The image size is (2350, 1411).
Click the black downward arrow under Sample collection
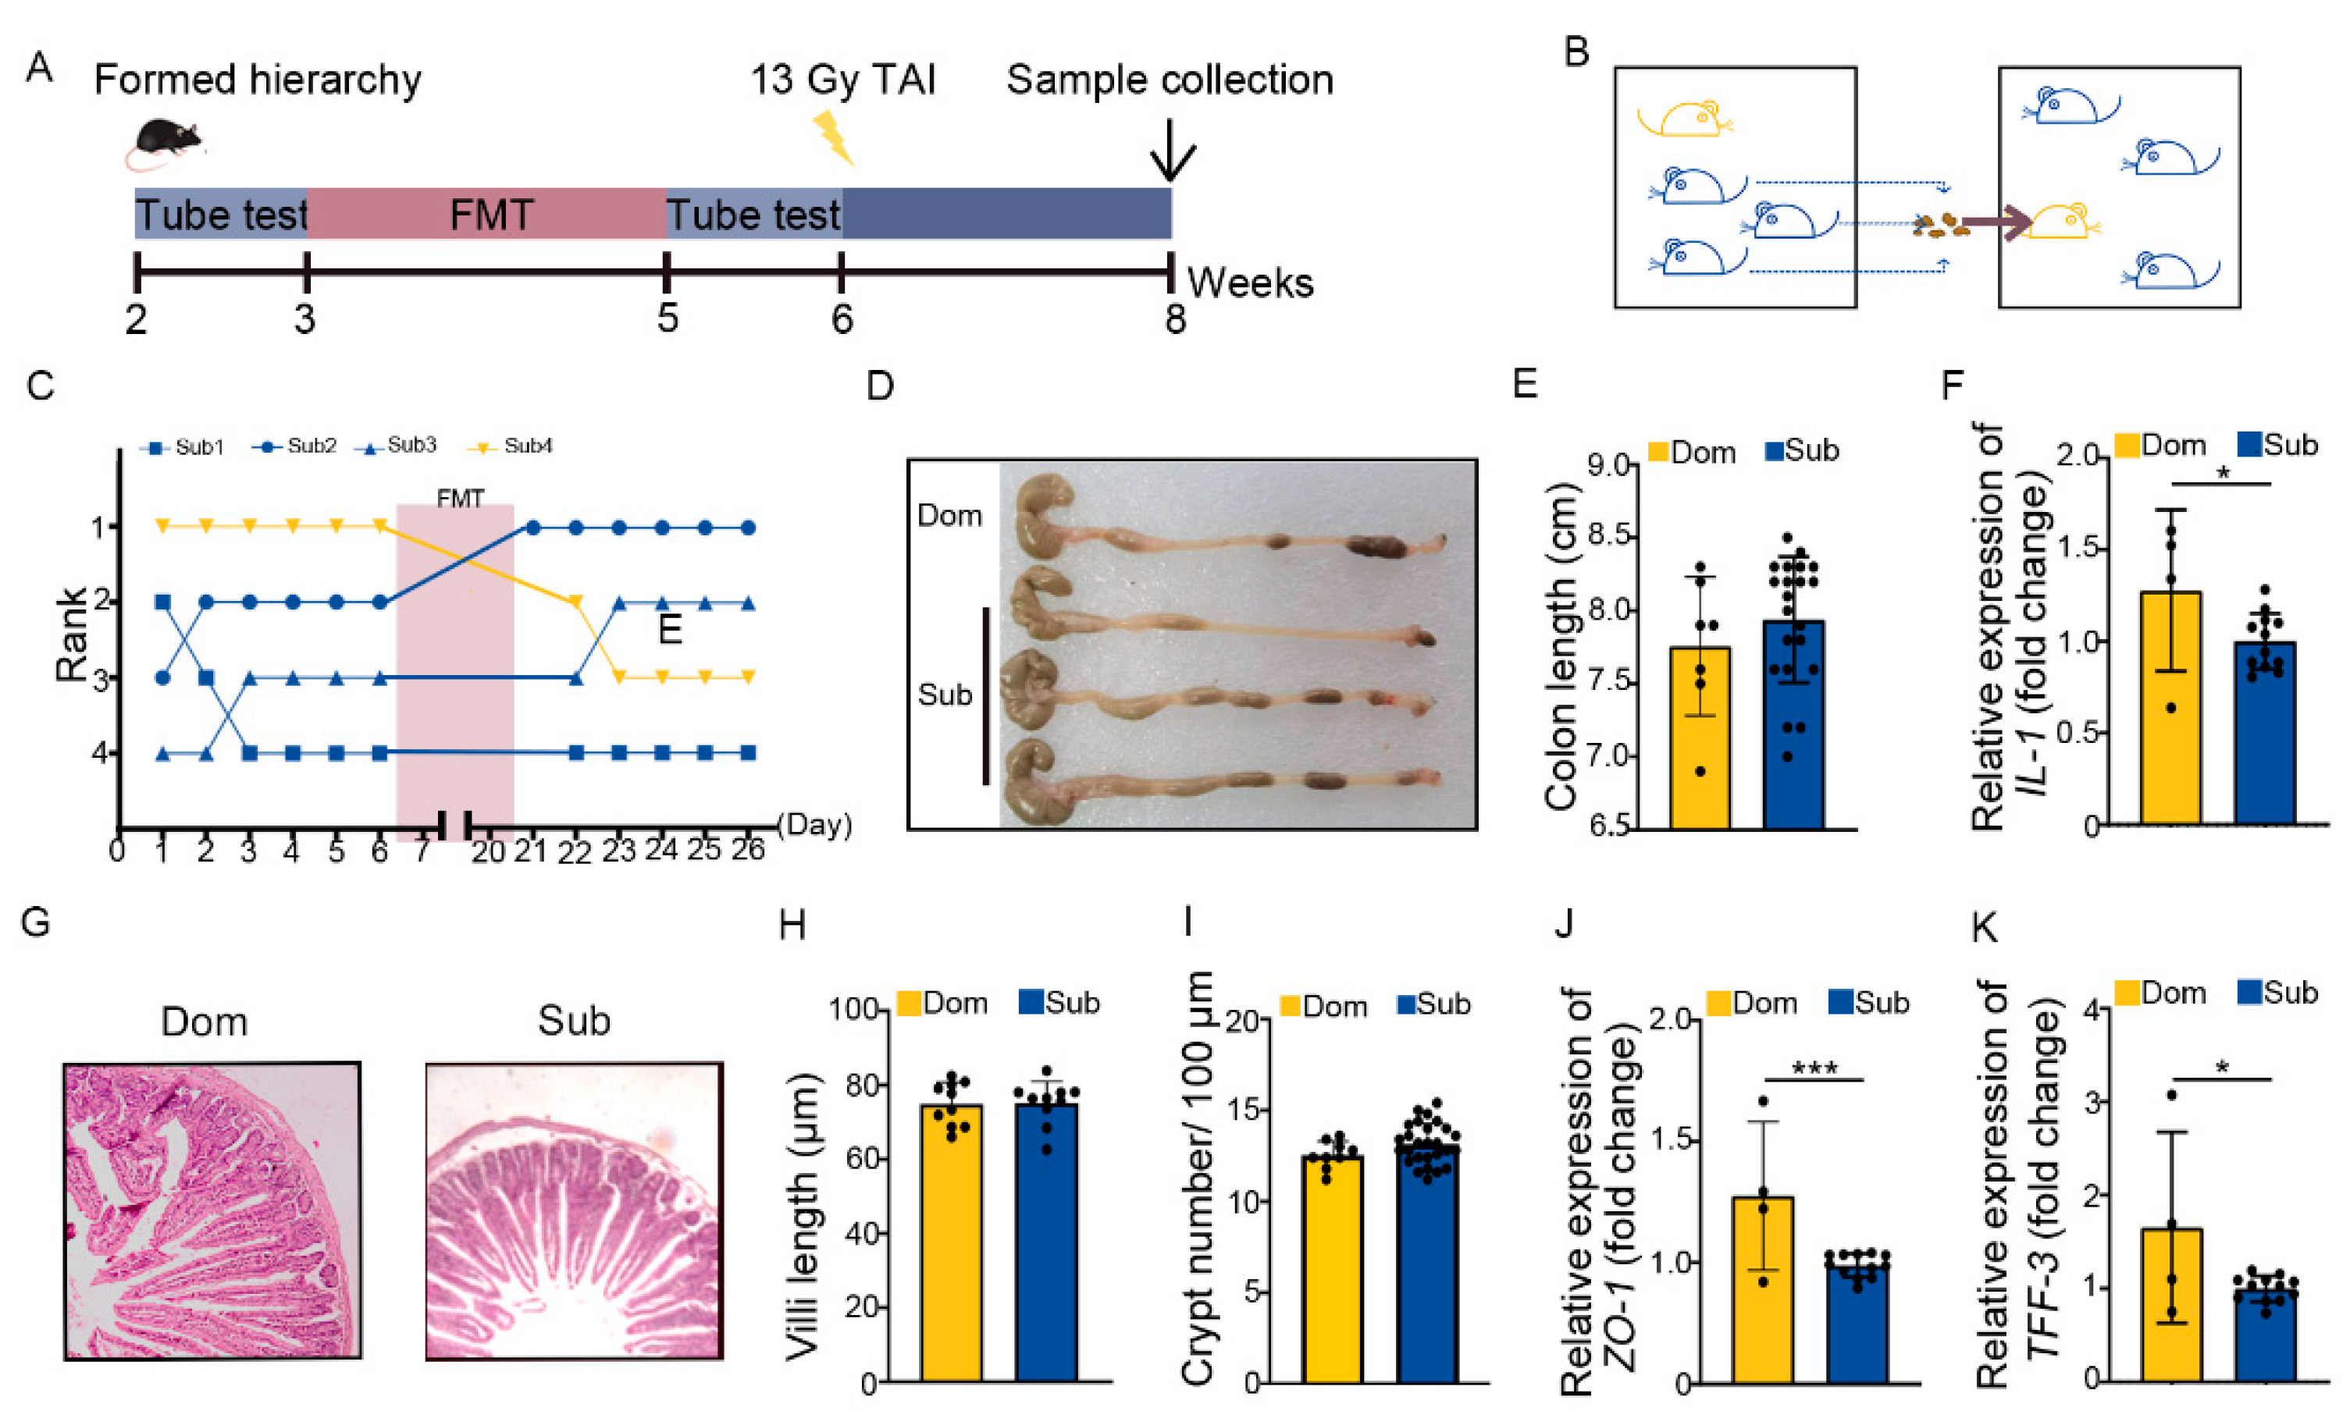pos(1172,151)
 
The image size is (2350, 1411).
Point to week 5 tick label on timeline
pos(668,319)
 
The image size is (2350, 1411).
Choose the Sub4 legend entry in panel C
pos(514,446)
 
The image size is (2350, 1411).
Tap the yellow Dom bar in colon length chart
pos(1699,737)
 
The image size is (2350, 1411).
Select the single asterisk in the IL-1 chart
pos(2223,473)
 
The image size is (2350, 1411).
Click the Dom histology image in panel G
pos(212,1210)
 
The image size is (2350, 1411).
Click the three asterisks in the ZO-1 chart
pos(1814,1068)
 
